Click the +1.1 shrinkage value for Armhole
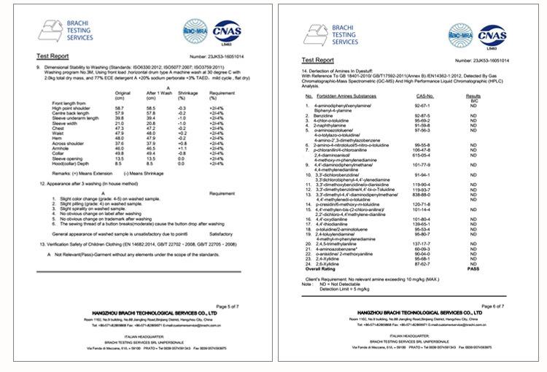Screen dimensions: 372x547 (x=185, y=148)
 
